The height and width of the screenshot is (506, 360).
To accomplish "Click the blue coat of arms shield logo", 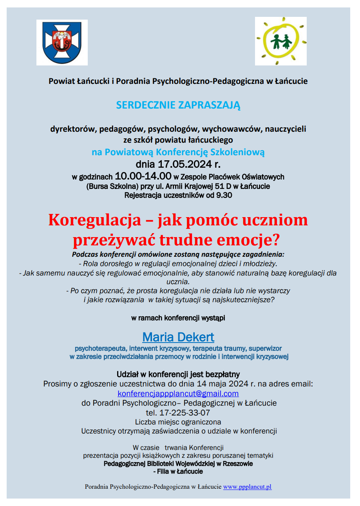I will click(x=62, y=42).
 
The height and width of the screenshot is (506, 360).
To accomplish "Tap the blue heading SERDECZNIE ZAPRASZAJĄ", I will click(x=178, y=105).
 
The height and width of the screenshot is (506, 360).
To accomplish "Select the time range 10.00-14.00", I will click(x=143, y=176).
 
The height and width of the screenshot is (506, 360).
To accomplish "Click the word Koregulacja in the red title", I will click(x=94, y=220).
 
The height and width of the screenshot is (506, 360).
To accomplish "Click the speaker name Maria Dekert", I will click(x=178, y=337).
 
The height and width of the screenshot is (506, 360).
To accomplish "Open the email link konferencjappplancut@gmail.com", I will click(x=178, y=394).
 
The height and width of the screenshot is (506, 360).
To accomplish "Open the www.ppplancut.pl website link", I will click(x=247, y=487).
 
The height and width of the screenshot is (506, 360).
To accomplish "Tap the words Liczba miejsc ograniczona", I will click(x=178, y=422).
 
